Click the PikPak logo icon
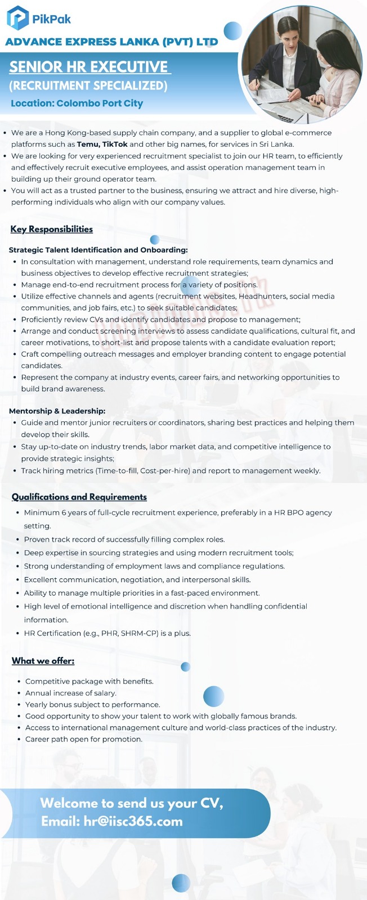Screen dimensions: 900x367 point(17,17)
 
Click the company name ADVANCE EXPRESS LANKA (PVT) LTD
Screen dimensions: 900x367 point(111,42)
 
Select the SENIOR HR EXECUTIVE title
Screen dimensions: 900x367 point(89,67)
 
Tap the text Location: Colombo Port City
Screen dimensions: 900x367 point(77,103)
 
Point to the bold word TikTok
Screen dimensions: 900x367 point(115,145)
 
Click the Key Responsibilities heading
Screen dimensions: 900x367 point(51,229)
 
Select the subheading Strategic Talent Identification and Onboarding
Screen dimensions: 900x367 point(98,250)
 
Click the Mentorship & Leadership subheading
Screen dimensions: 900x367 point(57,411)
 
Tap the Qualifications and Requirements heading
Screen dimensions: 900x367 point(79,497)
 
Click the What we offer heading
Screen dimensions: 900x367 point(43,660)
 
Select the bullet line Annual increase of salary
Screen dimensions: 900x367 point(70,693)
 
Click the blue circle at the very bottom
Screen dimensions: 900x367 point(181,883)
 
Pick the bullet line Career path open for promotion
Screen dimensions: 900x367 point(83,739)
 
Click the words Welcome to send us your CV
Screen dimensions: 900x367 point(132,803)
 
